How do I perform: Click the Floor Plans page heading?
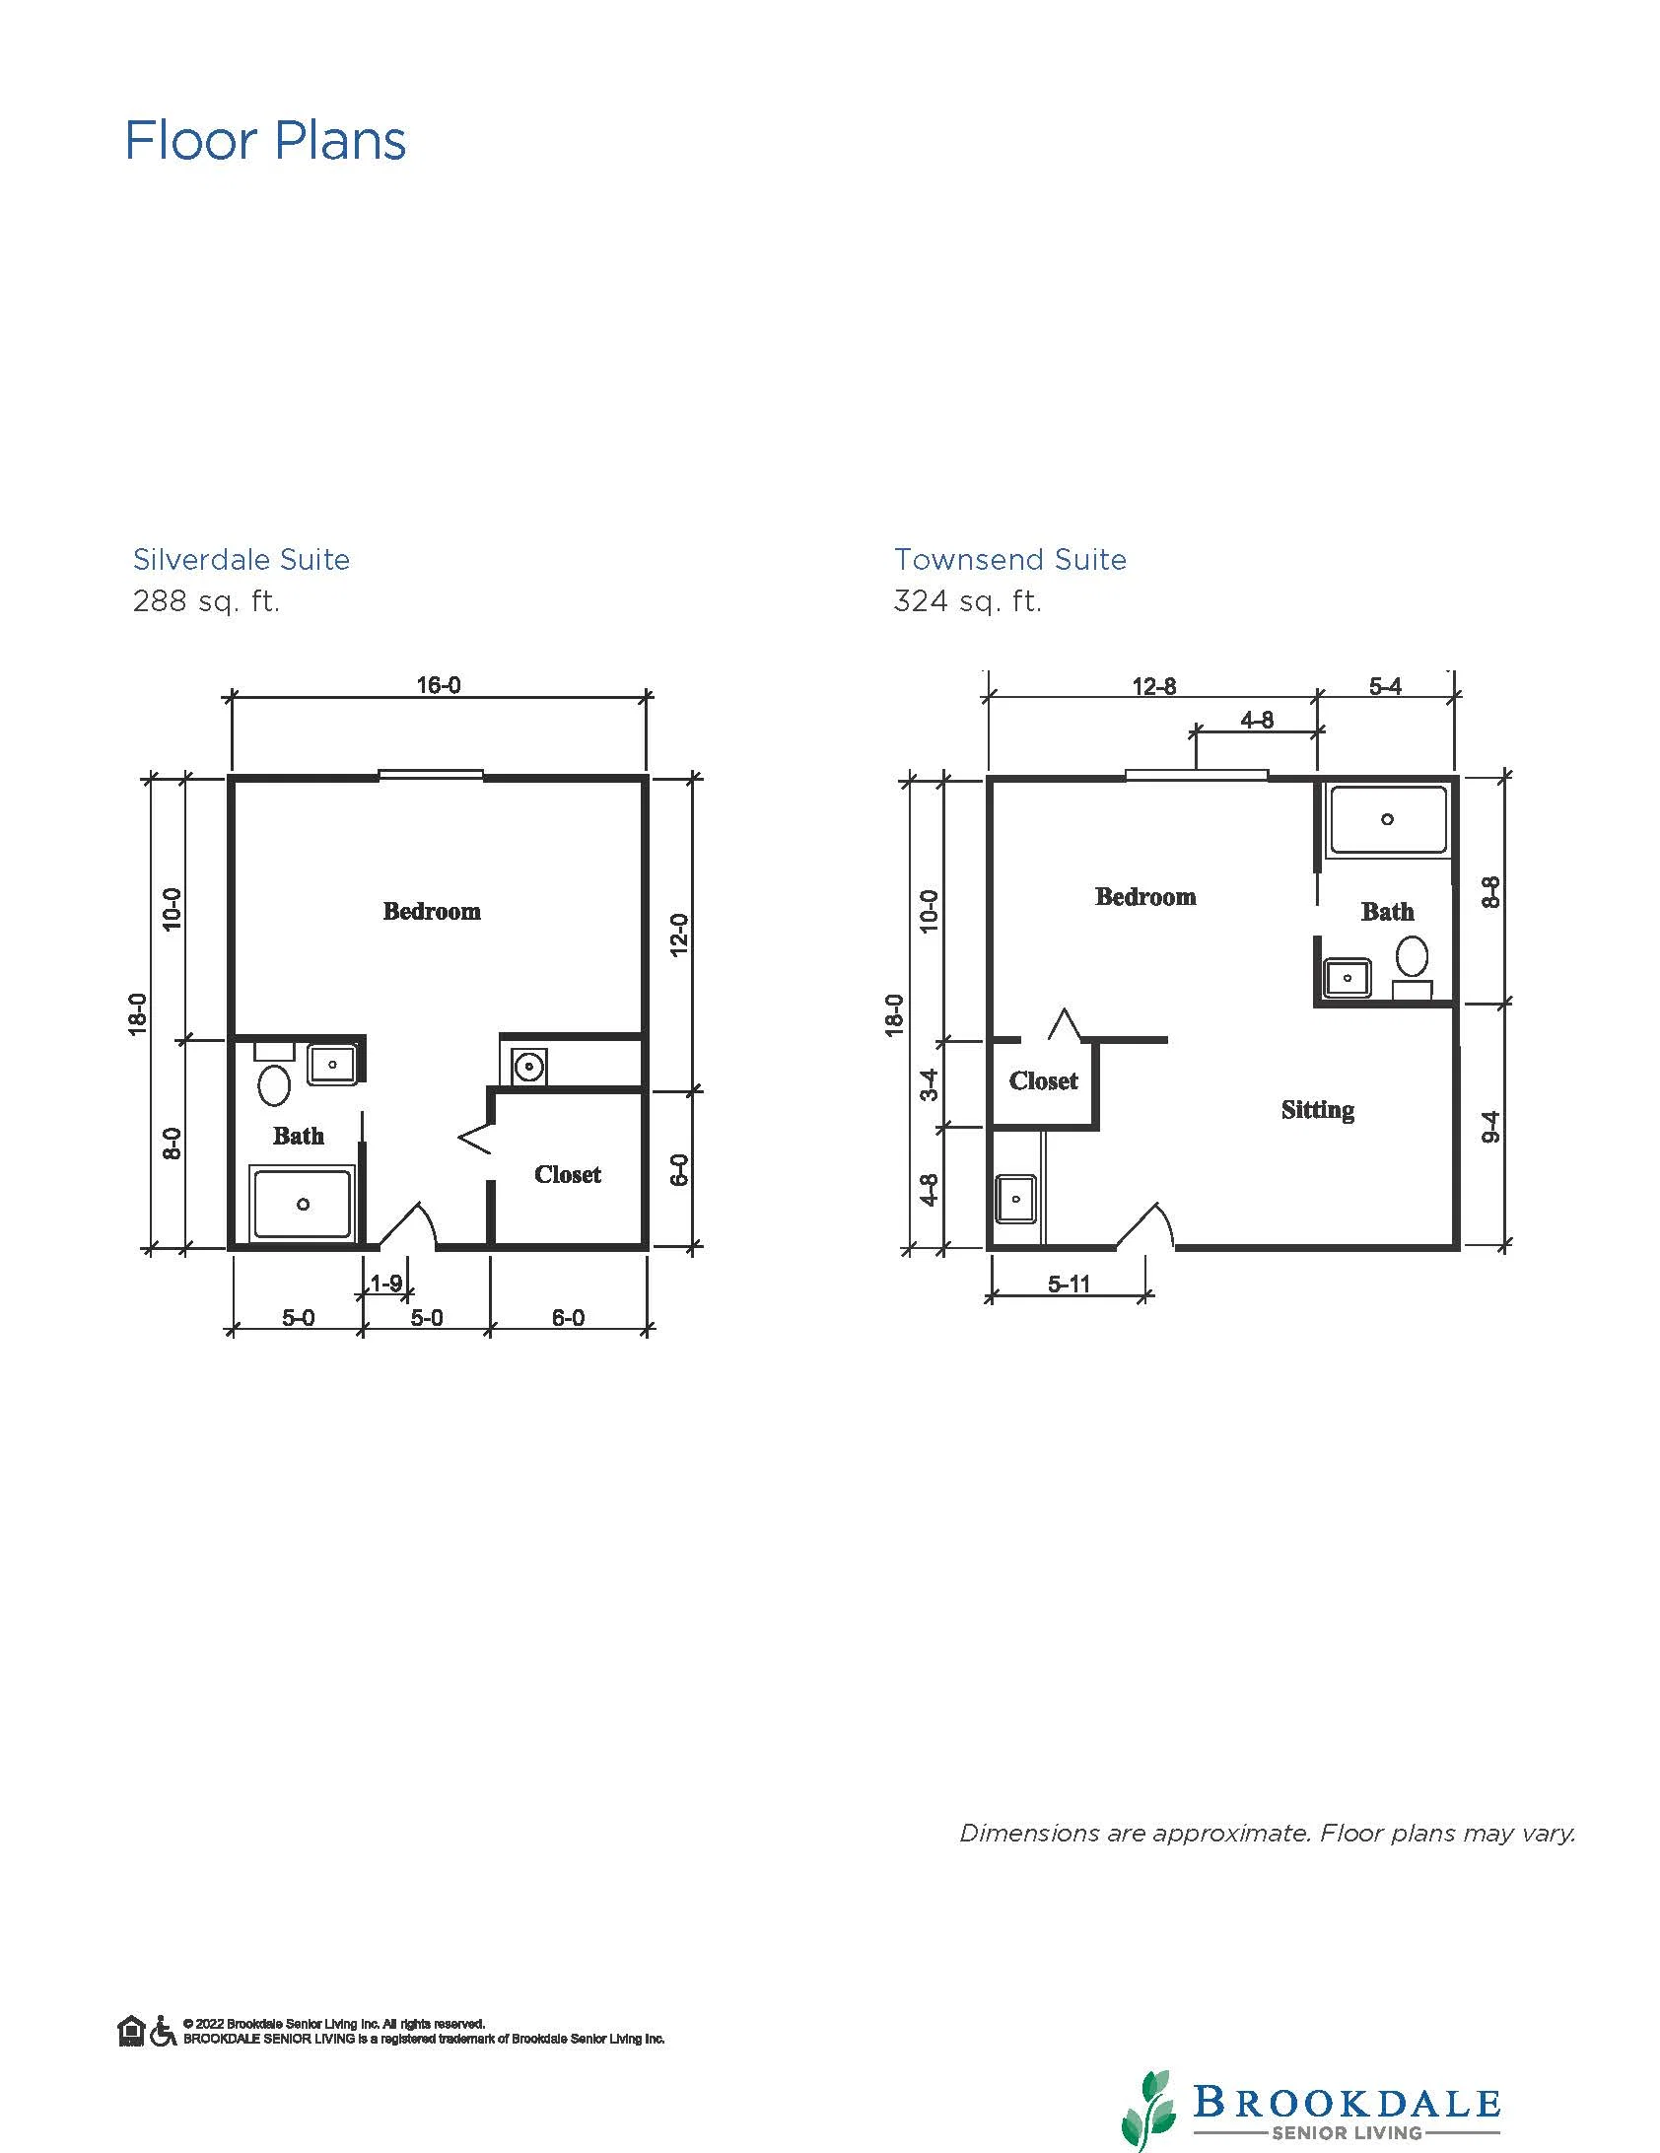pos(265,141)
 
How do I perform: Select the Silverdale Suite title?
pos(242,560)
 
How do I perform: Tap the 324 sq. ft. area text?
pos(968,601)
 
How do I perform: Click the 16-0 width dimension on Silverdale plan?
pos(439,685)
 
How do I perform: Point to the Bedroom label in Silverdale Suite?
pos(432,912)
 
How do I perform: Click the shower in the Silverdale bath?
pos(303,1203)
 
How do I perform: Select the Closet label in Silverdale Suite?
pos(568,1175)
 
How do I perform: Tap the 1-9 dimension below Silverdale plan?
pos(385,1284)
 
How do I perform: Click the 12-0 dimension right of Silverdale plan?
pos(679,935)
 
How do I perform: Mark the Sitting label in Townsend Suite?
pos(1318,1111)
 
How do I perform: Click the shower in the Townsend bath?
pos(1388,820)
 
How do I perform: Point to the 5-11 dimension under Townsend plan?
pos(1069,1284)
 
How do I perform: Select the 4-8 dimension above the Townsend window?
pos(1257,721)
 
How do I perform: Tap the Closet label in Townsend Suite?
pos(1044,1081)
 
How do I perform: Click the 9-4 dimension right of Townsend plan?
pos(1491,1127)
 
